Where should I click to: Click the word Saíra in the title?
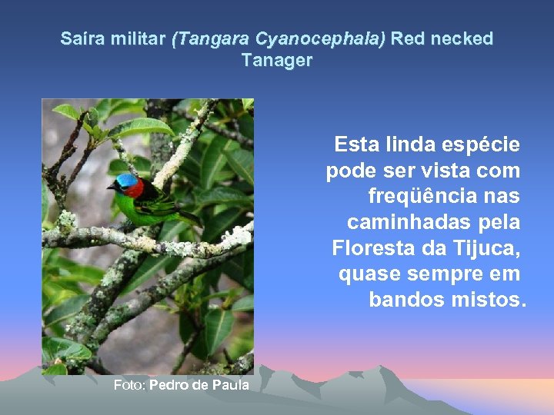click(x=78, y=38)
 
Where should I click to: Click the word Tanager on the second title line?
click(x=276, y=60)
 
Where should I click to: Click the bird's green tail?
click(x=185, y=217)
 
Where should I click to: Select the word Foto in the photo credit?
click(x=128, y=384)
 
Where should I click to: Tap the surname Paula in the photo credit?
click(x=230, y=384)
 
